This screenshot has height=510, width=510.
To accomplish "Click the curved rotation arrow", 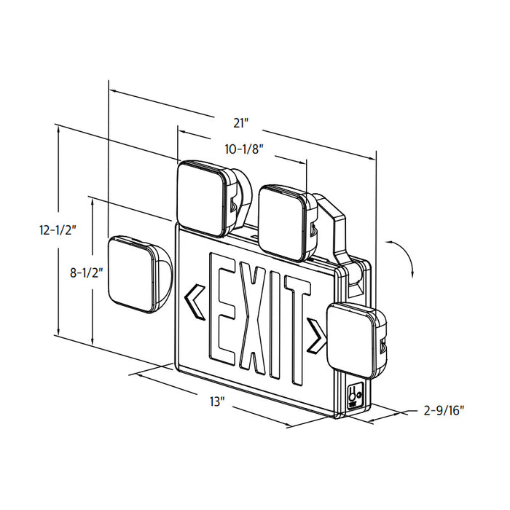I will pos(404,259).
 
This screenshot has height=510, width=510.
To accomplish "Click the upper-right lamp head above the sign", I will pos(285,220).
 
